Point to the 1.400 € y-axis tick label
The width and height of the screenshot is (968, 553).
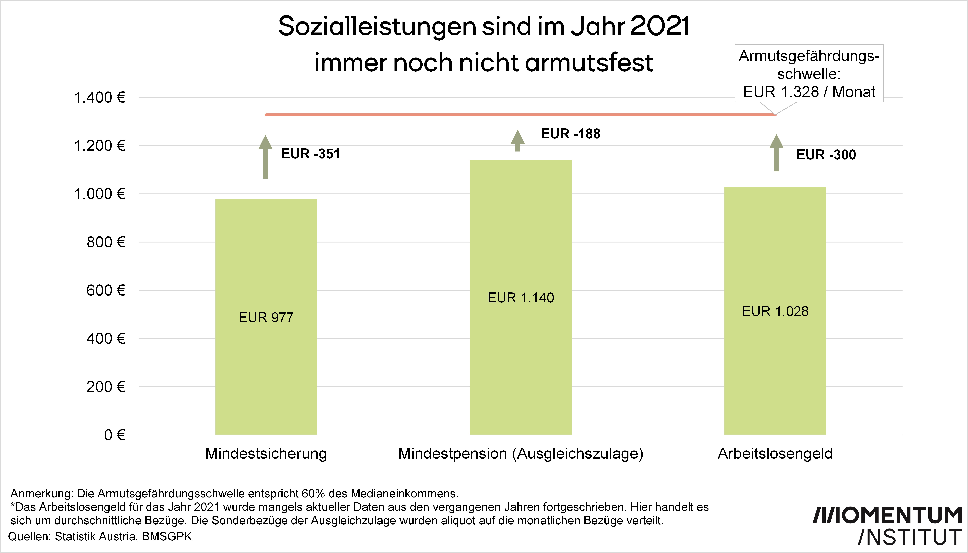point(100,98)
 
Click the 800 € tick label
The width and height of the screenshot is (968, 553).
point(106,242)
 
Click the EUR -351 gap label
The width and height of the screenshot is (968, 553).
point(310,154)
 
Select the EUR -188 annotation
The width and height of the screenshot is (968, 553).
point(570,134)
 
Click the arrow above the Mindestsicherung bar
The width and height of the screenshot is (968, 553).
point(265,156)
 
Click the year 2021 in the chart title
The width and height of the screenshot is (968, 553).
point(660,27)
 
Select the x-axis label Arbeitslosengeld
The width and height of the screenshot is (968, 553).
point(775,454)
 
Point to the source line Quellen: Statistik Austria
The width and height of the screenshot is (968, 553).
point(100,536)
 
